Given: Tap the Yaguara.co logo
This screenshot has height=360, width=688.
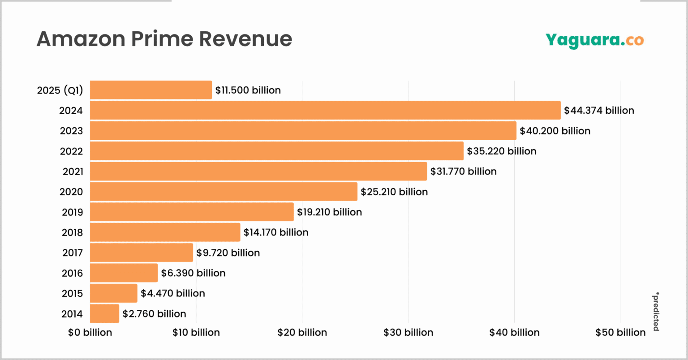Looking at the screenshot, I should click(594, 40).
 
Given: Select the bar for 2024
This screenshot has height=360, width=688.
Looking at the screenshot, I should click(325, 110).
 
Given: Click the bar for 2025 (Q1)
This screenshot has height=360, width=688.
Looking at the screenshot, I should click(151, 90).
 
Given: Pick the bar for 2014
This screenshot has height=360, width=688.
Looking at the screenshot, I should click(104, 313).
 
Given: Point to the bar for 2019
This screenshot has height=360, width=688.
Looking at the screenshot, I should click(192, 212).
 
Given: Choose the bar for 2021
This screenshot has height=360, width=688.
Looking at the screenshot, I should click(258, 171).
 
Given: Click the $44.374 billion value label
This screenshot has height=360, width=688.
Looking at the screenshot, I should click(599, 110).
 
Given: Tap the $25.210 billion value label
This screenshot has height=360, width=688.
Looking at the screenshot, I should click(394, 192).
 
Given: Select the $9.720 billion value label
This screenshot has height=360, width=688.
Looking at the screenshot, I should click(228, 253).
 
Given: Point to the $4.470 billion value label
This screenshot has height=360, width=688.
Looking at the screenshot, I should click(173, 293).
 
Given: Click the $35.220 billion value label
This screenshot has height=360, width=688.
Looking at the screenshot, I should click(502, 151).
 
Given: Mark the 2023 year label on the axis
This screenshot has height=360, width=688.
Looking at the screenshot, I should click(71, 131).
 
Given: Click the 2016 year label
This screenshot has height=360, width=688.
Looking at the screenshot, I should click(72, 273).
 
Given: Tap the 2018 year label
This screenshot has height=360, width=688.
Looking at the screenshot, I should click(72, 232).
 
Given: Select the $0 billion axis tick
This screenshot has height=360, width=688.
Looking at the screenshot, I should click(90, 332).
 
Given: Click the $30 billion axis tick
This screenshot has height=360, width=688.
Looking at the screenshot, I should click(408, 332).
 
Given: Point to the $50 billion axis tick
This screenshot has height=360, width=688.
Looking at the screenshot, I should click(620, 332).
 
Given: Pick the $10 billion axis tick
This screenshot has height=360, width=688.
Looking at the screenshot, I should click(196, 332).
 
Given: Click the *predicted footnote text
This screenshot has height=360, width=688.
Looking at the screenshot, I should click(655, 312).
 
